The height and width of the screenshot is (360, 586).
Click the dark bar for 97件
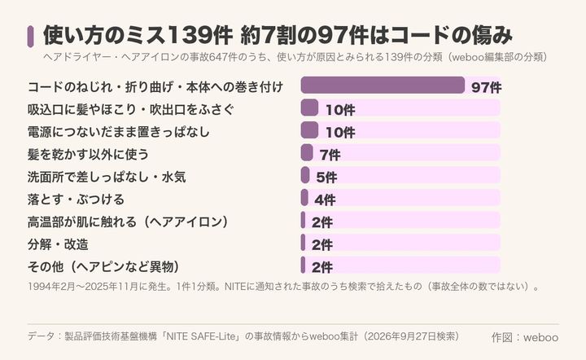(383, 86)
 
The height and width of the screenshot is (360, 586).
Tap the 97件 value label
(486, 87)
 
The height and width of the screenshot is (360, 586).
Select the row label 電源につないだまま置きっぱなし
(119, 132)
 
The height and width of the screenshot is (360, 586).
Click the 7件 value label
(330, 155)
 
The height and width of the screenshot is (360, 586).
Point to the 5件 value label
(326, 178)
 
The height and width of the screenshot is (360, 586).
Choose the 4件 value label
(325, 200)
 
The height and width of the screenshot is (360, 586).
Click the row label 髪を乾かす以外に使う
(88, 155)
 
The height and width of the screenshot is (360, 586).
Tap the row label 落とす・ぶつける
(76, 200)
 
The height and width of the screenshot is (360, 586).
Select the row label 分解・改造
(58, 244)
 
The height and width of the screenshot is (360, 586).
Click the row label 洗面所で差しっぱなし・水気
(107, 177)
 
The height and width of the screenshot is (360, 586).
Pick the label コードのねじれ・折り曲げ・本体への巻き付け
(155, 87)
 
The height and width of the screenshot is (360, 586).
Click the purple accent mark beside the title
(31, 37)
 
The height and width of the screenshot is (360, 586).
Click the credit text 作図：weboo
(525, 337)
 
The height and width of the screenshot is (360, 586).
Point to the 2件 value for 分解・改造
(322, 245)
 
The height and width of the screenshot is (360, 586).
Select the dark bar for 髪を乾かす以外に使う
(307, 152)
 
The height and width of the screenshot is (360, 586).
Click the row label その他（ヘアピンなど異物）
(103, 267)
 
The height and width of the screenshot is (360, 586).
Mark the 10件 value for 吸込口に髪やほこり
(340, 110)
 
